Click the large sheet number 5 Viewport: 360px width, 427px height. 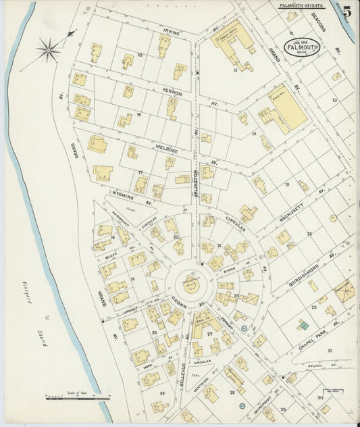click(x=346, y=11)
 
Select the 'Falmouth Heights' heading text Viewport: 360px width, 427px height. click(x=302, y=5)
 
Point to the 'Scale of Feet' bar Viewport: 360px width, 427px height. click(x=78, y=398)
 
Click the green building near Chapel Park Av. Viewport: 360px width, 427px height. click(x=304, y=325)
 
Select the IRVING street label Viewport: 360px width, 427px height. click(x=170, y=30)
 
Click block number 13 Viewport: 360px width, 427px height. click(x=334, y=100)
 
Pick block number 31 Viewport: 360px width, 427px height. click(x=330, y=350)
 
